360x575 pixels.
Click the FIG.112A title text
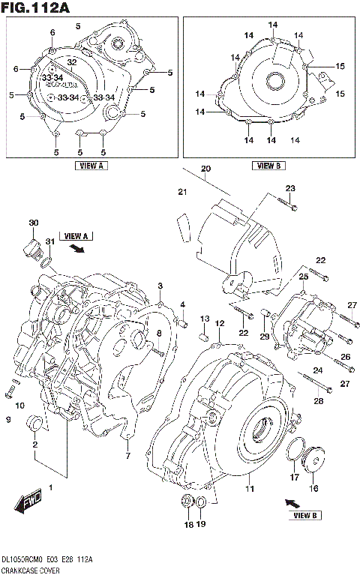tap(37, 8)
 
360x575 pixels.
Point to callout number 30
tap(33, 223)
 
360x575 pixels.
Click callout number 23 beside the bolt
tap(290, 187)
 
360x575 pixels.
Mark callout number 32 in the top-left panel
tap(72, 61)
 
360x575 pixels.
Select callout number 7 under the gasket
tap(128, 456)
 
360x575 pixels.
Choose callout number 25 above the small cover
tap(304, 277)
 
